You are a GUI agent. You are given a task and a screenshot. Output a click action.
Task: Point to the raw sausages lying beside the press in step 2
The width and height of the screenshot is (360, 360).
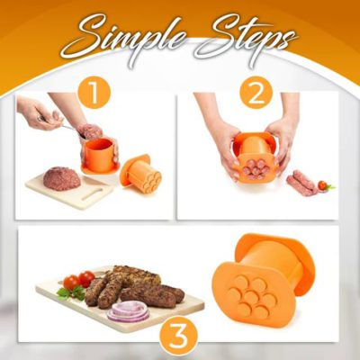coord(302,183)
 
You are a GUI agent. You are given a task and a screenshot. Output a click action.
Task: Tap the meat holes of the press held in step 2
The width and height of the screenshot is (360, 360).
coord(255,165)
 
